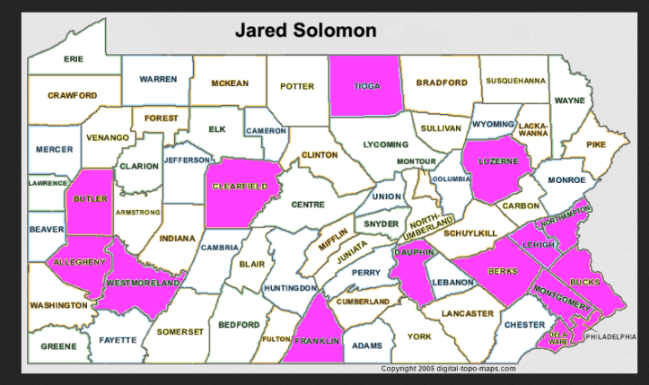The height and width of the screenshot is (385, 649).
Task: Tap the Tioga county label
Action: (x=364, y=86)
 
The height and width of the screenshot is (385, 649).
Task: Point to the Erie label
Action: (x=73, y=58)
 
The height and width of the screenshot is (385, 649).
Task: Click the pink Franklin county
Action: (x=319, y=341)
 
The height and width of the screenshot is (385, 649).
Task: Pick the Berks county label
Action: (x=501, y=271)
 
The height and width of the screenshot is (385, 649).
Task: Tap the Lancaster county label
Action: (x=467, y=313)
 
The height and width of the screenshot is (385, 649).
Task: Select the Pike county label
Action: (x=596, y=144)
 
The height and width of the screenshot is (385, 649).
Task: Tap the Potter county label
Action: (x=297, y=86)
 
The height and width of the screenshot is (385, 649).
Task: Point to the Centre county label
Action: (x=307, y=205)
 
